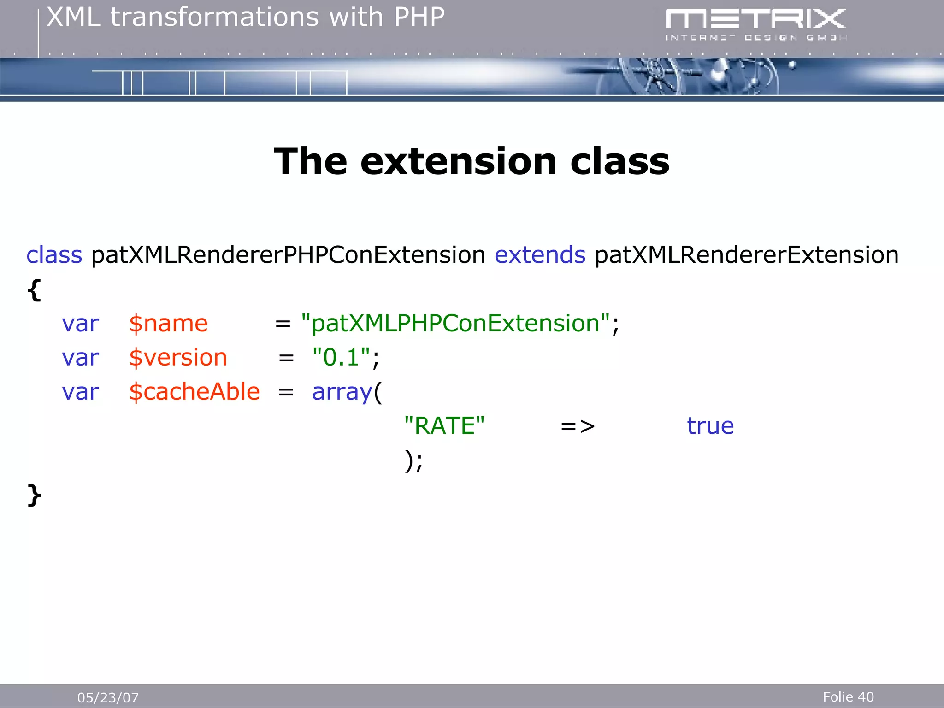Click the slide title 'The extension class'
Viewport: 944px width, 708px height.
[472, 161]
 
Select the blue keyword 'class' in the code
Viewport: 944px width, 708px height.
[54, 255]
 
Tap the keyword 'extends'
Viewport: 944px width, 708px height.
[540, 255]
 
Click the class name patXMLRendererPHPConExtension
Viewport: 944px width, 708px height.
[288, 255]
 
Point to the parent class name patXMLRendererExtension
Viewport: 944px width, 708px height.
[746, 255]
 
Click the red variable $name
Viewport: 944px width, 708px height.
[168, 324]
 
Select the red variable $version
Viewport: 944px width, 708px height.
[178, 358]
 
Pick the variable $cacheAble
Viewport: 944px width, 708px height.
[194, 392]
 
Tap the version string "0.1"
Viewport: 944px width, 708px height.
[341, 358]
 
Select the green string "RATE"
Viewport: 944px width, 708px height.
[444, 426]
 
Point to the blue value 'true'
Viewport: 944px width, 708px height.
[710, 426]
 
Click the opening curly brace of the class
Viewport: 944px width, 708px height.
[35, 290]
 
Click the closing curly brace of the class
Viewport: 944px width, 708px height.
[35, 496]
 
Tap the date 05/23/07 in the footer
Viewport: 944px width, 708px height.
[108, 697]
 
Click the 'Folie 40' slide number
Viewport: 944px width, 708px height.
[848, 697]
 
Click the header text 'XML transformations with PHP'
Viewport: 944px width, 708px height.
[246, 18]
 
